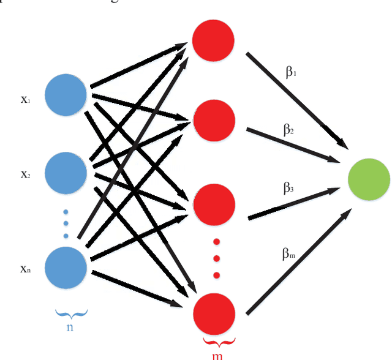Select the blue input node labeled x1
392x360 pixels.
pos(66,96)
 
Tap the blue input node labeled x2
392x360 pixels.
pos(66,173)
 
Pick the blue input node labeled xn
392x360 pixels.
pos(66,268)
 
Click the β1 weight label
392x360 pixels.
pos(291,72)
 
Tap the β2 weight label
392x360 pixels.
pos(288,130)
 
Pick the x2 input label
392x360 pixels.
pos(25,174)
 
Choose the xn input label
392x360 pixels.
pos(25,269)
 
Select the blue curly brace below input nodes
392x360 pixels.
pos(71,314)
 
